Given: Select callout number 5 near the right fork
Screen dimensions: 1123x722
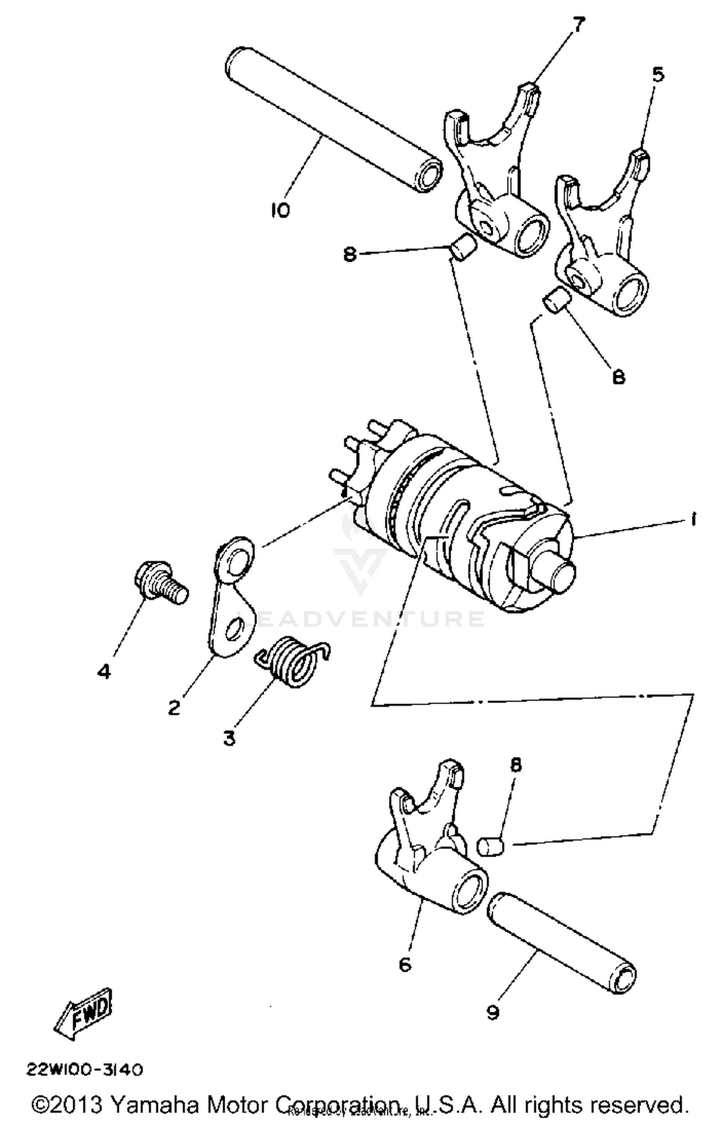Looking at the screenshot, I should [658, 75].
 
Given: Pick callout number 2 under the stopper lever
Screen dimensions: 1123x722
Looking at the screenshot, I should [174, 707].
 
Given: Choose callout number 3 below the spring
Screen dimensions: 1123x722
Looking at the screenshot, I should [229, 738].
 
